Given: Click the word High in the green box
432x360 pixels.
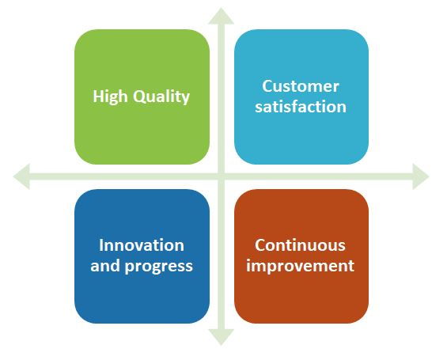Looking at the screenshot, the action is (110, 97).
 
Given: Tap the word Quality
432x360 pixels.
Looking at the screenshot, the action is (161, 97).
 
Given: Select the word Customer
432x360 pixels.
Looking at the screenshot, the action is (301, 86).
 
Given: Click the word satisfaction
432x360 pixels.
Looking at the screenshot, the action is (301, 107).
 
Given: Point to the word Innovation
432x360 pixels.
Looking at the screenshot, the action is (142, 245).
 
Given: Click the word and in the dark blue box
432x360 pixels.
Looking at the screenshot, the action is (105, 266).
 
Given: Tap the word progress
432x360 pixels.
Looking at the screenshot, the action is (159, 267).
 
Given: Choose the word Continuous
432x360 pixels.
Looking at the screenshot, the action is (300, 245).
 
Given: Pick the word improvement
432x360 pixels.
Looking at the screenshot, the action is (301, 266).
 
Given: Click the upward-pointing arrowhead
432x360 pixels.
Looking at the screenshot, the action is (222, 17).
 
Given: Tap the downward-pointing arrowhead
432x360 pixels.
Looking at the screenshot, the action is (222, 336).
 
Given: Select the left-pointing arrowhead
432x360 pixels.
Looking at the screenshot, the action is (22, 176).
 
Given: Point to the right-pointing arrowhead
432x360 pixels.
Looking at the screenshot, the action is (420, 176).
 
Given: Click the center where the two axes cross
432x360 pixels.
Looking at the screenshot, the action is (222, 176).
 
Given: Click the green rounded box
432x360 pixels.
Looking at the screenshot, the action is (142, 97).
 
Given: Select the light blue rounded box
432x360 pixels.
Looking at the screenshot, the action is (301, 97).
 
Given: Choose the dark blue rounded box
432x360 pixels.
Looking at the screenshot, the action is (142, 256).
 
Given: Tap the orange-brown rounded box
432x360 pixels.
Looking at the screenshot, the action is (301, 256).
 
